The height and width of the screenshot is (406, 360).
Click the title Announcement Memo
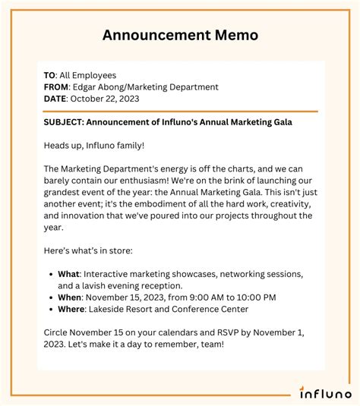tap(180, 35)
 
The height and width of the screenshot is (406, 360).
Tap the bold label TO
tap(49, 76)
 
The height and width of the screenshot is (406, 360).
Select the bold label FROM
tap(56, 87)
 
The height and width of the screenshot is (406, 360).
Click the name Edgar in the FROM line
tap(87, 87)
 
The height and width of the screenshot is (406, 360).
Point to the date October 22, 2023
tap(116, 99)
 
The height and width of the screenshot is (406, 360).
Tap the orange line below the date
tap(180, 111)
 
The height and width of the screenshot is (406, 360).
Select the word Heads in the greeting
tap(58, 145)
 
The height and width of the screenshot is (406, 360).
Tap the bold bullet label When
tap(70, 297)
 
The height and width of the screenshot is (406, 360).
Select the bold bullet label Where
tap(71, 308)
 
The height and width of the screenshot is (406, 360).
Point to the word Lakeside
tap(112, 308)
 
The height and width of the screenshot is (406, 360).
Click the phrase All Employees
tap(88, 76)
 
